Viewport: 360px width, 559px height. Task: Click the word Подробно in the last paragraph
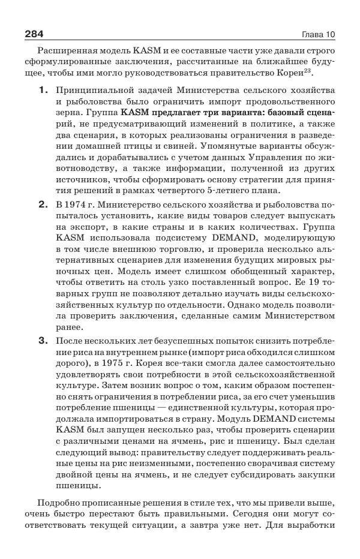61,504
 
